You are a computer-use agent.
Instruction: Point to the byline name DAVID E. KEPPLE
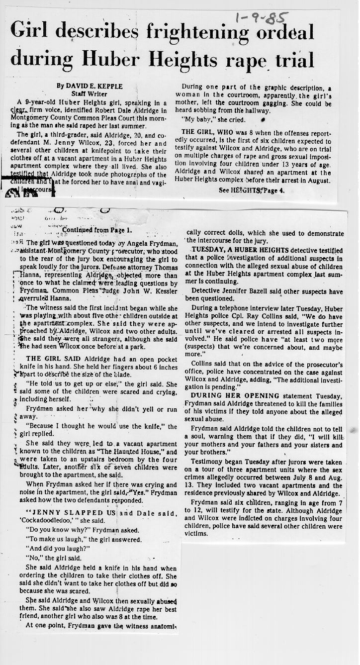click(x=90, y=86)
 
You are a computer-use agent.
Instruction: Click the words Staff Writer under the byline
click(x=90, y=93)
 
